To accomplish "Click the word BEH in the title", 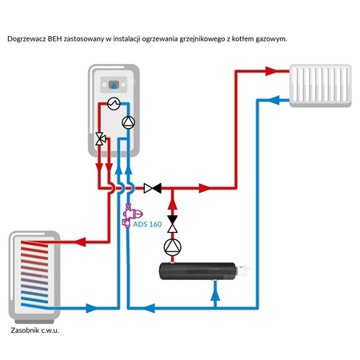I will (58, 38).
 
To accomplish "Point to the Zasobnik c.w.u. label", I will (36, 330).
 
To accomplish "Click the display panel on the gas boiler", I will (115, 84).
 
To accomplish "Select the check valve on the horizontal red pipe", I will (152, 189).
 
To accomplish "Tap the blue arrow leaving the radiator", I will (275, 100).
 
